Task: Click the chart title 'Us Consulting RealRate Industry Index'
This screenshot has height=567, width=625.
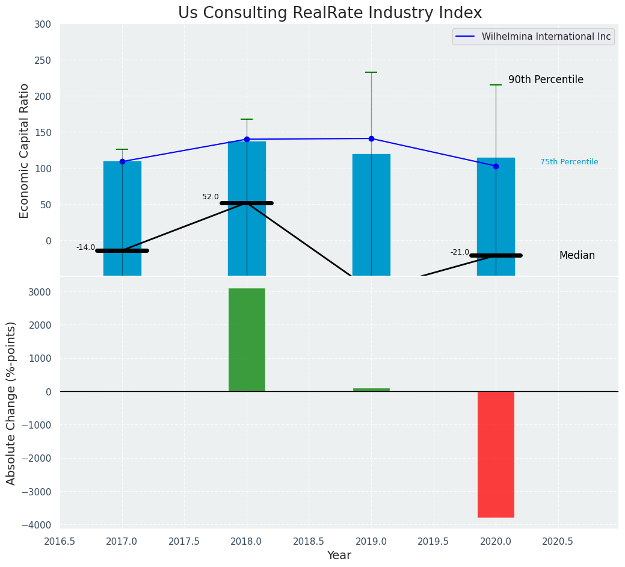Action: click(x=330, y=13)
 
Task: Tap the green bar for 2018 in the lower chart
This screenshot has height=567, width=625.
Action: click(x=247, y=339)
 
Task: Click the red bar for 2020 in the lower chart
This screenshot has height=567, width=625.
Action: click(x=496, y=454)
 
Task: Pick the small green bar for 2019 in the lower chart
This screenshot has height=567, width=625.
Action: click(x=371, y=390)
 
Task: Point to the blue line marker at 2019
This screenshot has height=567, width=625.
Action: click(x=371, y=138)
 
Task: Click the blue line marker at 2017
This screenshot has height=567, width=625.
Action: click(x=122, y=161)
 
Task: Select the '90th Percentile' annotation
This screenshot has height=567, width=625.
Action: click(x=546, y=80)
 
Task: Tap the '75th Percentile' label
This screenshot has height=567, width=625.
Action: click(x=568, y=162)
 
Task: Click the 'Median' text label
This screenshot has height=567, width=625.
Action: click(x=577, y=256)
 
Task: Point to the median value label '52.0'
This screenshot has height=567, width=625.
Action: click(x=211, y=197)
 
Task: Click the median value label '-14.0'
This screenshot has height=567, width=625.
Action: click(x=85, y=247)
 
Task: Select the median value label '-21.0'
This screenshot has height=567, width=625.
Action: click(x=460, y=252)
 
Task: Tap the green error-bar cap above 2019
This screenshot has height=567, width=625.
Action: click(x=371, y=72)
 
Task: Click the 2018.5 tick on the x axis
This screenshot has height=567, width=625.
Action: click(x=309, y=542)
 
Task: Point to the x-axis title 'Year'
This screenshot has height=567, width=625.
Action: click(x=339, y=556)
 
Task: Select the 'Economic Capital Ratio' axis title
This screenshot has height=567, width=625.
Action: click(x=25, y=150)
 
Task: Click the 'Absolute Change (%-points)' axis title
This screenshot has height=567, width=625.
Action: click(x=11, y=403)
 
